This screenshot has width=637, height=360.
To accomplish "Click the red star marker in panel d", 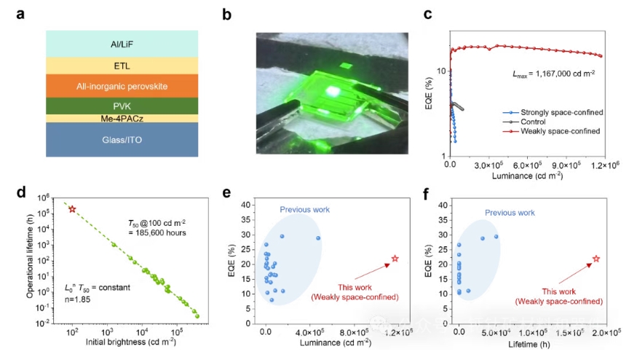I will click(72, 209).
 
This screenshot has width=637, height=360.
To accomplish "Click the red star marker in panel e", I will click(395, 259).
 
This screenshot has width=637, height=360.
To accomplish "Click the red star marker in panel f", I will click(596, 259).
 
